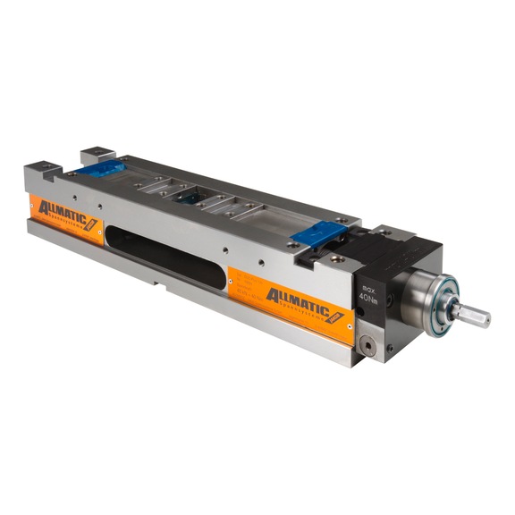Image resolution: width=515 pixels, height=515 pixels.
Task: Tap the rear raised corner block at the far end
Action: pos(96,154)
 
